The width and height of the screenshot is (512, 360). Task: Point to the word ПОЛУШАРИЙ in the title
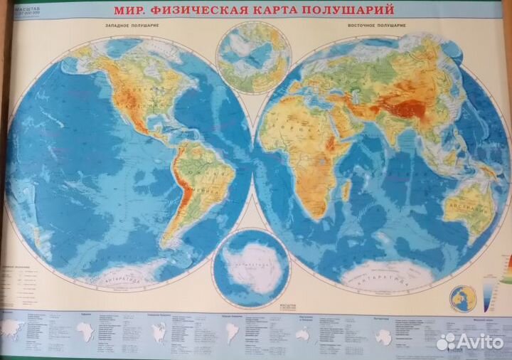point(349,11)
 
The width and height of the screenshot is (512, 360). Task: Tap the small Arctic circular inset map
point(254,57)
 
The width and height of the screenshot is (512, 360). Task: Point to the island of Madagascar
point(346,190)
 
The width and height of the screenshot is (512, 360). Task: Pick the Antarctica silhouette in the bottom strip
point(383,336)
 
